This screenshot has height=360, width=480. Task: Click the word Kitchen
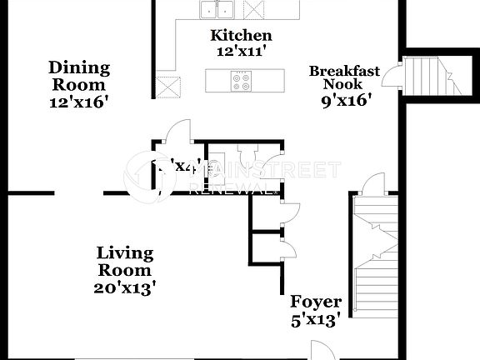[240, 35]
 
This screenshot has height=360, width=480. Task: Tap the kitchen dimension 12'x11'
[240, 50]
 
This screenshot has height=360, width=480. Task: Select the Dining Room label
[79, 76]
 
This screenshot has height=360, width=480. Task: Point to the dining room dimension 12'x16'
[79, 102]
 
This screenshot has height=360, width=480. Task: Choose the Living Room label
[125, 261]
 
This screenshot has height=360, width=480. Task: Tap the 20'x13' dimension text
[125, 288]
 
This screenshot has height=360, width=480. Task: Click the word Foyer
[315, 302]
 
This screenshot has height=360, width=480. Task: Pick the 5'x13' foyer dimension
[315, 320]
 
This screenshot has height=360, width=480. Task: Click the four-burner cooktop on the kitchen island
[242, 81]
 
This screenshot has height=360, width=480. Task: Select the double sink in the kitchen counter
[217, 9]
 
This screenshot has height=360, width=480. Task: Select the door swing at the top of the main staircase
[374, 182]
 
